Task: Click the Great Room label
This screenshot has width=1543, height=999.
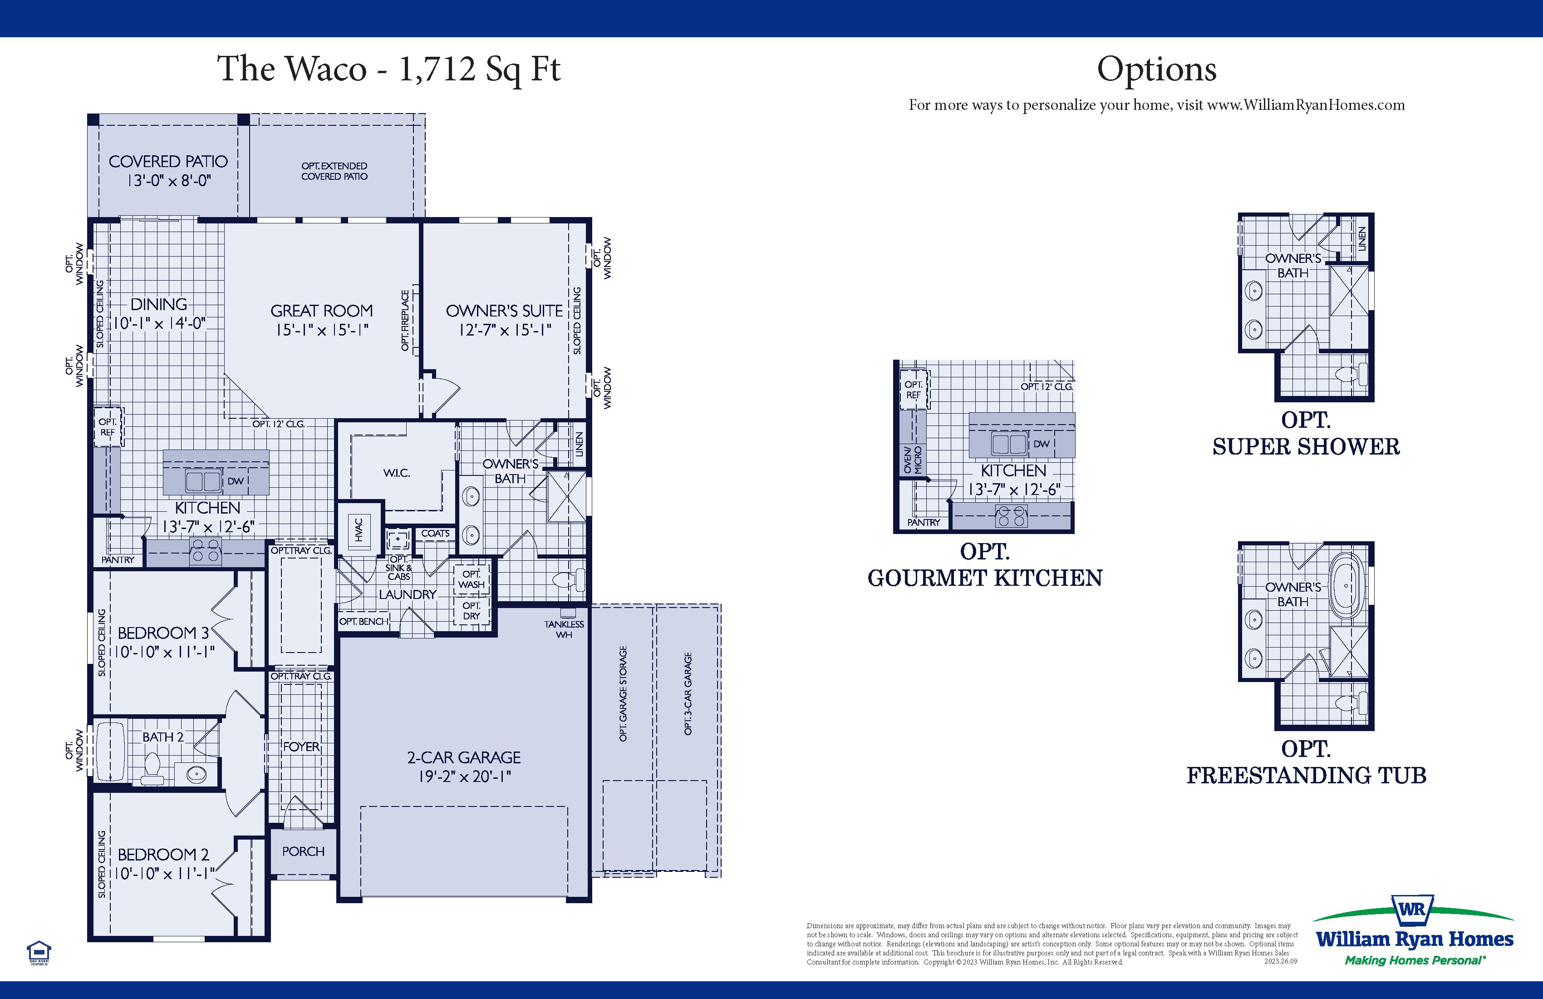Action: coord(322,311)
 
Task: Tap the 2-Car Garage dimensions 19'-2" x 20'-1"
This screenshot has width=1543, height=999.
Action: coord(464,776)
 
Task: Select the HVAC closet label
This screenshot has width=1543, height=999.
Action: coord(359,529)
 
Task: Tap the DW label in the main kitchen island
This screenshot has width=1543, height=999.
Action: coord(236,481)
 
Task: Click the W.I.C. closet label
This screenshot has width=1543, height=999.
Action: coord(396,473)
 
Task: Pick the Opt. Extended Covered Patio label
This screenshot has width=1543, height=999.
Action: coord(334,171)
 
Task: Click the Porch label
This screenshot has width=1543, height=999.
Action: coord(303,851)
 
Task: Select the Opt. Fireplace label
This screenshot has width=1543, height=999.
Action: coord(406,321)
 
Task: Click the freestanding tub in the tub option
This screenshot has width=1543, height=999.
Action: coord(1346,586)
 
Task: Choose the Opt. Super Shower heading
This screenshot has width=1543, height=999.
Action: coord(1306,433)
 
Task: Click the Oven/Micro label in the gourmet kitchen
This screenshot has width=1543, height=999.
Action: coord(912,460)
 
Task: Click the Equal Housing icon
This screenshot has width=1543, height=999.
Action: coord(39,952)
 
